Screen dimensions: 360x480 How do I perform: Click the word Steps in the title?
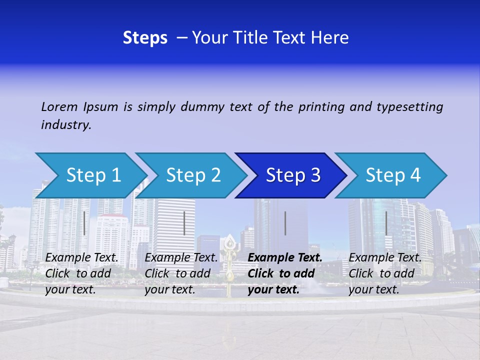coord(145,38)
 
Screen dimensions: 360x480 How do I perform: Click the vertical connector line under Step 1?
coord(84,223)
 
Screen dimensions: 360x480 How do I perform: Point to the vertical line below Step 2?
coord(184,223)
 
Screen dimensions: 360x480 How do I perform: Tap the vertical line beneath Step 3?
coord(285,223)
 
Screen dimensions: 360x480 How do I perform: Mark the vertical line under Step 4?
coord(386,223)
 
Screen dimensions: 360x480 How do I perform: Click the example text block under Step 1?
coord(82,273)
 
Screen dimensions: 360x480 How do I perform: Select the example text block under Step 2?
coord(181,273)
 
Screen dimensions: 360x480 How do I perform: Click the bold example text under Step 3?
coord(285,273)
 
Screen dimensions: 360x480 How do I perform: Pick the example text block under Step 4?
coord(385,273)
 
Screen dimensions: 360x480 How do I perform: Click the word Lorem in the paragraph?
coord(59,107)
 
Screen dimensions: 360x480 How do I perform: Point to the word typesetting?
coord(409,107)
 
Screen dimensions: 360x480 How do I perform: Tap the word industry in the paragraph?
coord(66,125)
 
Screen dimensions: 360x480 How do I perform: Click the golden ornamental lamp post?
coord(230,265)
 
